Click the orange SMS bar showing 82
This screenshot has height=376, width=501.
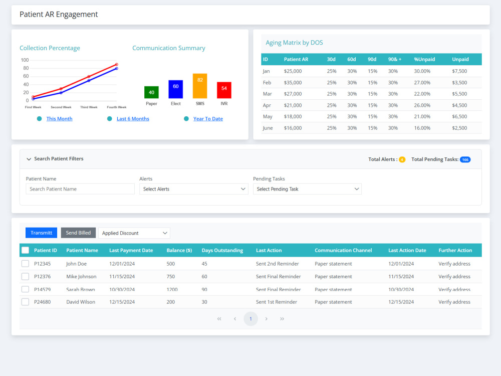200,86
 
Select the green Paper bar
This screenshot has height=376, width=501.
151,92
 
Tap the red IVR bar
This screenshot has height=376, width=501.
224,90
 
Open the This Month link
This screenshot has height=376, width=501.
60,119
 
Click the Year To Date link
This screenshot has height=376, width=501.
208,119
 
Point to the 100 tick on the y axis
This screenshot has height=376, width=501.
25,60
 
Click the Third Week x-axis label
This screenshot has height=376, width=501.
89,107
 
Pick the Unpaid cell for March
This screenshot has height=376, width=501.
459,94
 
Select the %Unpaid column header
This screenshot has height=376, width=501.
424,59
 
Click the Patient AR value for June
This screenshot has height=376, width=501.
293,128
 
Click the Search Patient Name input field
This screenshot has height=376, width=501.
80,189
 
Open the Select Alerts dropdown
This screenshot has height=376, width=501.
193,189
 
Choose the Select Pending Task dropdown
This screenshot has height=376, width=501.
308,189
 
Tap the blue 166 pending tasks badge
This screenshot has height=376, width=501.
465,159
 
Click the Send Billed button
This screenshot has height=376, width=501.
78,233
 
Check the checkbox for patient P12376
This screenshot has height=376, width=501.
25,277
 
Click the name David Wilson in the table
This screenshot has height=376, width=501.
81,302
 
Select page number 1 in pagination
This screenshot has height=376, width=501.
251,319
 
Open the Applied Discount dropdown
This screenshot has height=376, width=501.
134,233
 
